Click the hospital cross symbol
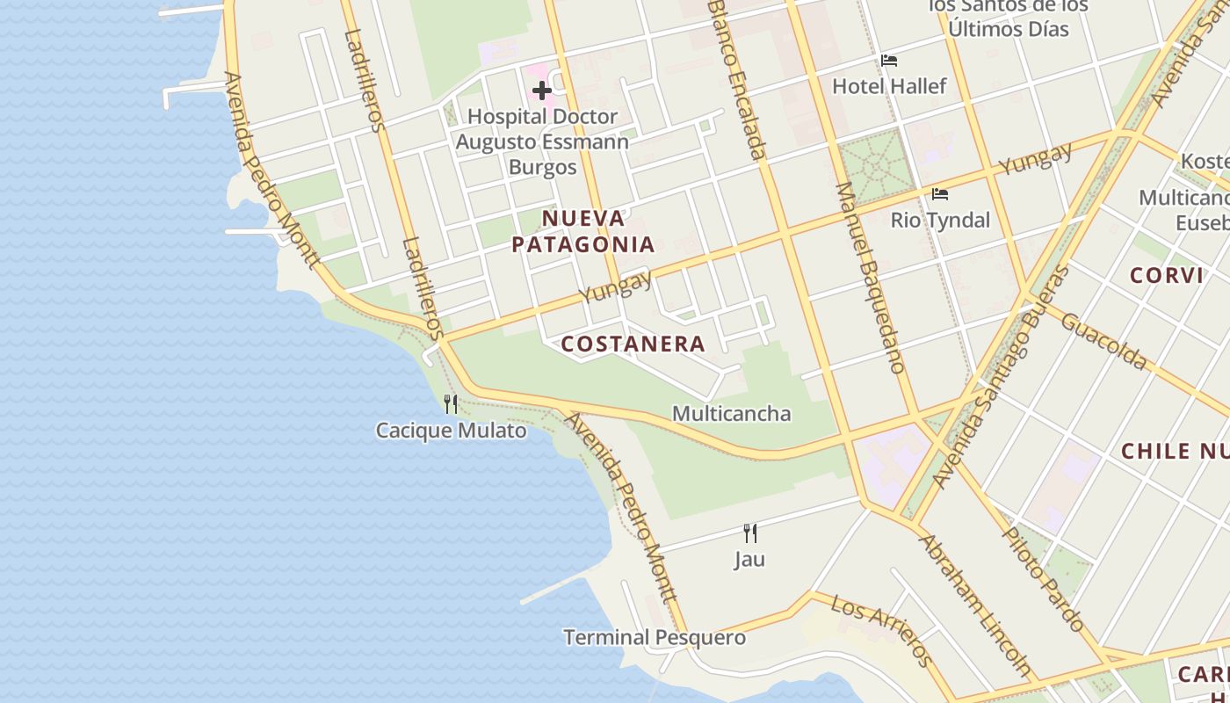point(542,90)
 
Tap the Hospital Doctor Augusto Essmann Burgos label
point(542,141)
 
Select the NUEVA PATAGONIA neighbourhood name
point(583,231)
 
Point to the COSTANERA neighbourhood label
point(633,344)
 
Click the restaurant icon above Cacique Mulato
point(451,404)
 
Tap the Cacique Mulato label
point(451,431)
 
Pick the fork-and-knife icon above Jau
point(750,533)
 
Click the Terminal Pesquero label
point(655,637)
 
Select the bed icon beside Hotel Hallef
point(889,61)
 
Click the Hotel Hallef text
point(889,86)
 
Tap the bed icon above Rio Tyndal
point(940,194)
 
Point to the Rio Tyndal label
point(940,220)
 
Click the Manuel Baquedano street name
point(870,277)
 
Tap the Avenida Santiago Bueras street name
point(1002,378)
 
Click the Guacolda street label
point(1103,341)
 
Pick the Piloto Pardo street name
point(1045,578)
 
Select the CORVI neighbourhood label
point(1166,275)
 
